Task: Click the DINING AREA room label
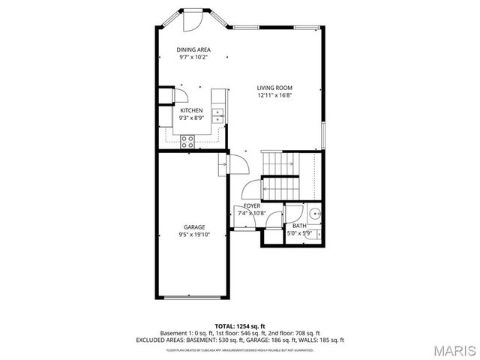point(193,49)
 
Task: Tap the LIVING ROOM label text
point(274,88)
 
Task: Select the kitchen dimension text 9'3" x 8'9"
point(191,118)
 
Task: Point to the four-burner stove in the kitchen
point(187,139)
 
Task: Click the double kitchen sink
point(219,115)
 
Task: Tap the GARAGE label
point(194,226)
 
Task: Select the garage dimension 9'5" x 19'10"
point(194,234)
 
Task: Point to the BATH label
point(299,226)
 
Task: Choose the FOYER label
point(252,205)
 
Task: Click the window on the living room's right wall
point(323,136)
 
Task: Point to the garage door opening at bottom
point(193,297)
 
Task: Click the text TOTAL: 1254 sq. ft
point(239,326)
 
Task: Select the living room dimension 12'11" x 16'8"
point(274,95)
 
